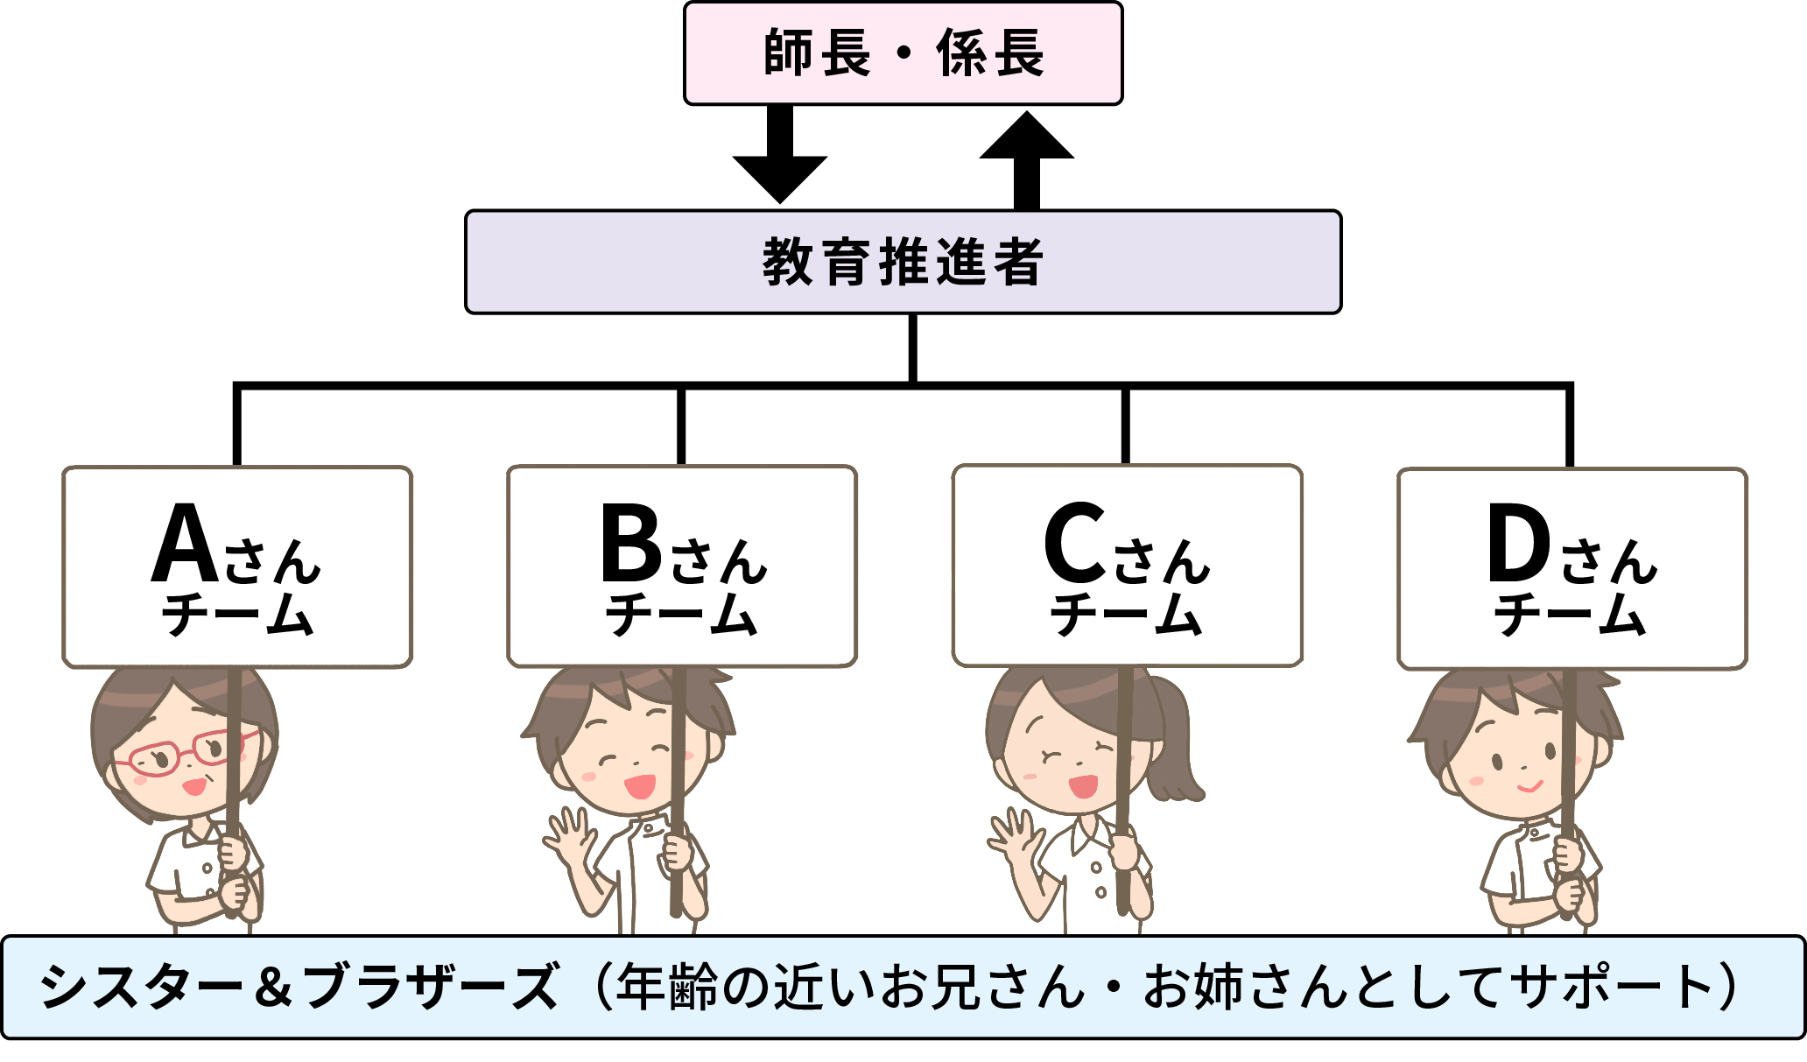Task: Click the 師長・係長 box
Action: (903, 53)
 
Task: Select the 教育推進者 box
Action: (903, 262)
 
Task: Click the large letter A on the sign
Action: (185, 544)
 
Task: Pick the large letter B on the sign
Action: (630, 544)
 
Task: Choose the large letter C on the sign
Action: (1075, 544)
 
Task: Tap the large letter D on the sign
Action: (1519, 544)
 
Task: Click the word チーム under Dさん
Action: (1569, 615)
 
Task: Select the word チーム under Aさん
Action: (236, 615)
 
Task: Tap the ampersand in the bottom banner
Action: (274, 987)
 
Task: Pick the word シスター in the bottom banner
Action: (140, 987)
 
